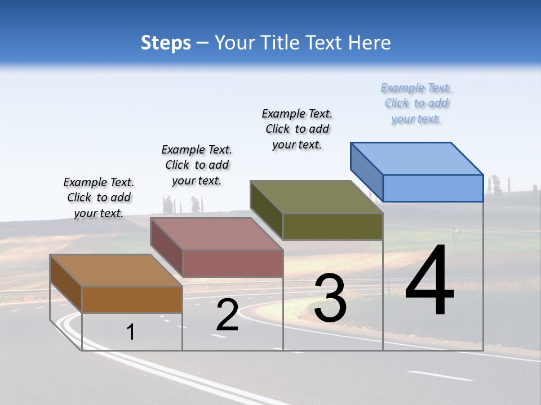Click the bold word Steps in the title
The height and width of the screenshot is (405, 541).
[166, 43]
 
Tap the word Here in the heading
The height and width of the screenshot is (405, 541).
[370, 43]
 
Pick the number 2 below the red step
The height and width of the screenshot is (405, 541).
[227, 315]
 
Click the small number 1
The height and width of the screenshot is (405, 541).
[131, 332]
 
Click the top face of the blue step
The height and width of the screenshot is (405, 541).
[417, 158]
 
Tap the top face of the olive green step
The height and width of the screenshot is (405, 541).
[317, 197]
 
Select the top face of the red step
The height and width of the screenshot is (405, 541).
[216, 234]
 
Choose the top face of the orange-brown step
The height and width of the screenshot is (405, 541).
[116, 271]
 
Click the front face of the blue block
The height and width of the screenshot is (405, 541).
[433, 188]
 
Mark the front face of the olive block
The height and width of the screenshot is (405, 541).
[332, 226]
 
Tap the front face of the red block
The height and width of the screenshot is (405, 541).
[232, 263]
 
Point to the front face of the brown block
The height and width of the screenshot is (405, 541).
[132, 299]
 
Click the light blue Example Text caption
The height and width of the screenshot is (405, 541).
[416, 103]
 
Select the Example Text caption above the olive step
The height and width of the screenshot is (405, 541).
[297, 129]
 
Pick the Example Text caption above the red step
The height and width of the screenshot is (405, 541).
[197, 165]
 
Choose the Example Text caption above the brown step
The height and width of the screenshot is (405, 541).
[99, 197]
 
